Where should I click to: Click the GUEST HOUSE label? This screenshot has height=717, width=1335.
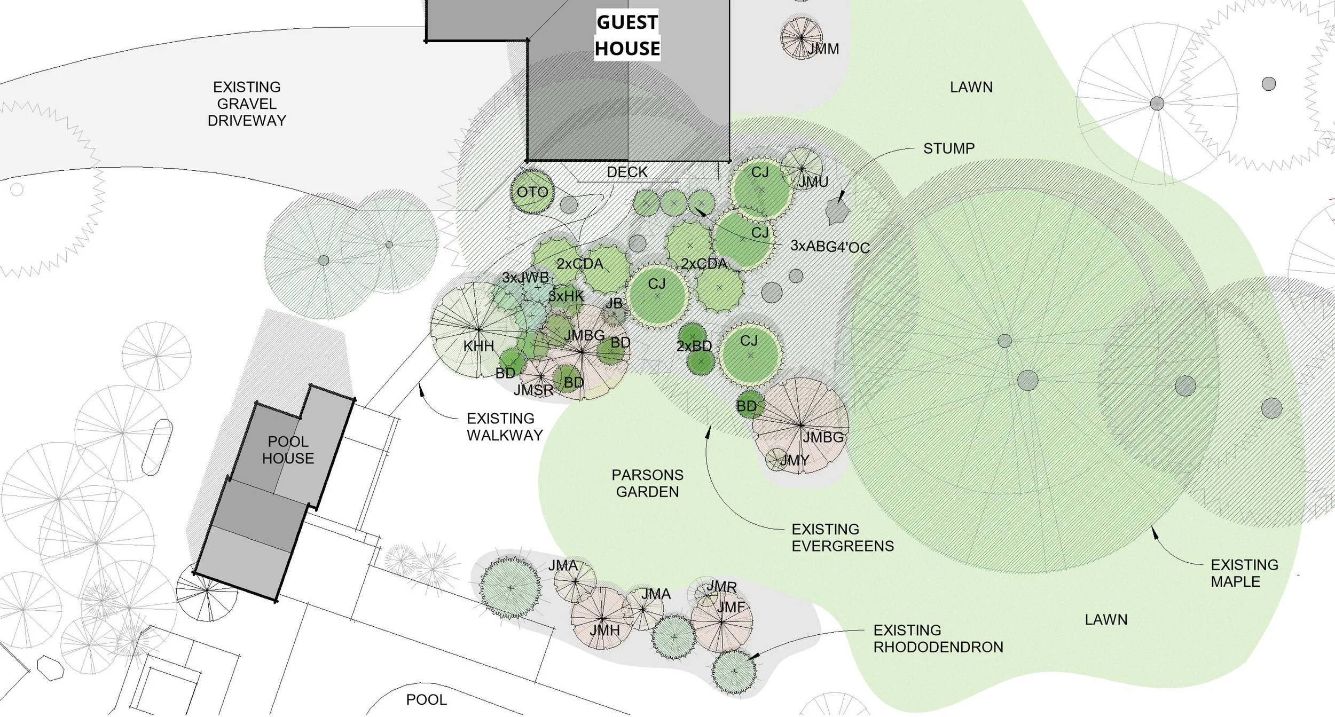(627, 35)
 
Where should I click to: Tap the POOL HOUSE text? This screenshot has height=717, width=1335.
(288, 450)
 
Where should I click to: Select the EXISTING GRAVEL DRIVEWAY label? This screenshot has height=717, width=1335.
(247, 104)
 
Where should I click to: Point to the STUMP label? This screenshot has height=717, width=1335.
(948, 148)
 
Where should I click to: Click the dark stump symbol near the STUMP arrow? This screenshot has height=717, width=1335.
(837, 211)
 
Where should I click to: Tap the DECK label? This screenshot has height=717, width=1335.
(627, 172)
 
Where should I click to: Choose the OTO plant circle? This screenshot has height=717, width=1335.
(532, 192)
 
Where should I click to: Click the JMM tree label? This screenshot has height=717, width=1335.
(823, 49)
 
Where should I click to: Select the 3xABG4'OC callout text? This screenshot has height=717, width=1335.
(830, 247)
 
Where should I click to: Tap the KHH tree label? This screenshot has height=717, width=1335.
(478, 346)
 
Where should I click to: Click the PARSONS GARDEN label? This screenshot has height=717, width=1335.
(647, 483)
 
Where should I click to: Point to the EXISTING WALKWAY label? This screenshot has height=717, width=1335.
(504, 427)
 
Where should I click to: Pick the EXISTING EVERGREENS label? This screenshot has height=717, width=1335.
(842, 538)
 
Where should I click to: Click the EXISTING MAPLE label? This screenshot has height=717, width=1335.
(1244, 573)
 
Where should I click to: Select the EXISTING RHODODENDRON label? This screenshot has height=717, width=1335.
(938, 639)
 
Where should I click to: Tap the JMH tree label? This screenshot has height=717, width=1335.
(604, 631)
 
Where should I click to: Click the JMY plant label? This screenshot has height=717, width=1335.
(795, 460)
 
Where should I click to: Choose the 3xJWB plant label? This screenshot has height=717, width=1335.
(525, 278)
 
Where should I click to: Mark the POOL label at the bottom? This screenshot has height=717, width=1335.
(426, 699)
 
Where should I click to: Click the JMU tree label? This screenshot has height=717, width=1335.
(813, 182)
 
